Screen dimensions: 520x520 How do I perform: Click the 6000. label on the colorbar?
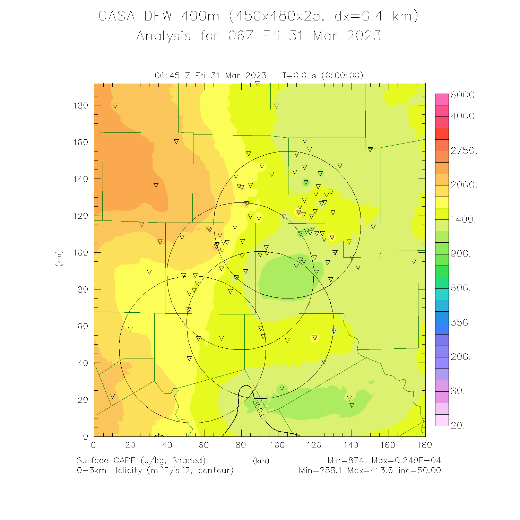(464, 95)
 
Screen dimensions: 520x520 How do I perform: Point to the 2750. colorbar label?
(464, 151)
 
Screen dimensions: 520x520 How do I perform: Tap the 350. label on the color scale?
(461, 322)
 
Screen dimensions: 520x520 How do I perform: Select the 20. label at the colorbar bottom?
(458, 425)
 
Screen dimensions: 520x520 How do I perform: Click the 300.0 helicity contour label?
(259, 409)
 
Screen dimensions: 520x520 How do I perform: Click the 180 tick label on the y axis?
(80, 105)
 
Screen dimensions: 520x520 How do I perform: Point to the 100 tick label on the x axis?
(277, 445)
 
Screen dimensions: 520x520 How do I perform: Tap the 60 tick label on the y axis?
(83, 326)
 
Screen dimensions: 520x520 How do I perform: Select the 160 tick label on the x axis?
(388, 445)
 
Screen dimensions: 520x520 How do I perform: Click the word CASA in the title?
(116, 16)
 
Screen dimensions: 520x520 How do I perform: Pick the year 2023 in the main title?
(364, 36)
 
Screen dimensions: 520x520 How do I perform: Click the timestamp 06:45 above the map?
(167, 76)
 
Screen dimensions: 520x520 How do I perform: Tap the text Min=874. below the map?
(346, 460)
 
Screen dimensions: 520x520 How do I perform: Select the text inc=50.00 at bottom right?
(419, 470)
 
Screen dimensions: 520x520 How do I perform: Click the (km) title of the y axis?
(59, 258)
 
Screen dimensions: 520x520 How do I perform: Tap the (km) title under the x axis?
(261, 461)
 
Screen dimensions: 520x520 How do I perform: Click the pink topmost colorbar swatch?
(442, 99)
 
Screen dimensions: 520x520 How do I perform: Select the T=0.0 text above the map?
(294, 76)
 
